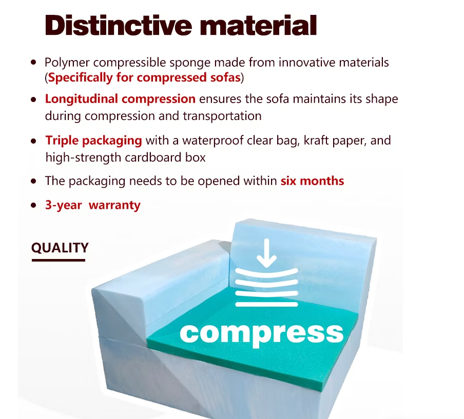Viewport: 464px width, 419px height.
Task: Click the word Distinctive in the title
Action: point(119,26)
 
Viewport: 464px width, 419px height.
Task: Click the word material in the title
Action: point(258,26)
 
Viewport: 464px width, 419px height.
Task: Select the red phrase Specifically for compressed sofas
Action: point(144,77)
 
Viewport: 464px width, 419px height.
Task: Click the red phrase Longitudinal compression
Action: point(120,99)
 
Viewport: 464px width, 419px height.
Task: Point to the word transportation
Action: point(222,116)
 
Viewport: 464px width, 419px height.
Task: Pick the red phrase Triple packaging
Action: point(93,141)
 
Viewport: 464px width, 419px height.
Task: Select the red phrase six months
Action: point(312,181)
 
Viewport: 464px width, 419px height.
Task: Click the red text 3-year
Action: point(63,205)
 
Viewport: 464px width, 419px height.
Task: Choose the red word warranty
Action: point(114,206)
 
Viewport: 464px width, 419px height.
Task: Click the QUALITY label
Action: point(60,248)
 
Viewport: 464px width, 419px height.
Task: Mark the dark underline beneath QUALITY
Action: point(59,260)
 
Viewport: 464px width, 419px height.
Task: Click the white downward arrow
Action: point(266,253)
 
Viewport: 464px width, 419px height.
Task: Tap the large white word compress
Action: point(262,333)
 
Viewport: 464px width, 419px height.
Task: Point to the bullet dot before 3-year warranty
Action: point(33,205)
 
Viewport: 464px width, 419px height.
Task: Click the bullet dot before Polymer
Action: point(33,63)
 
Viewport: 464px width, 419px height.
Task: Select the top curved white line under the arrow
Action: point(266,273)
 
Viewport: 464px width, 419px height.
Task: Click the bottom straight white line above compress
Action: point(266,304)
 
